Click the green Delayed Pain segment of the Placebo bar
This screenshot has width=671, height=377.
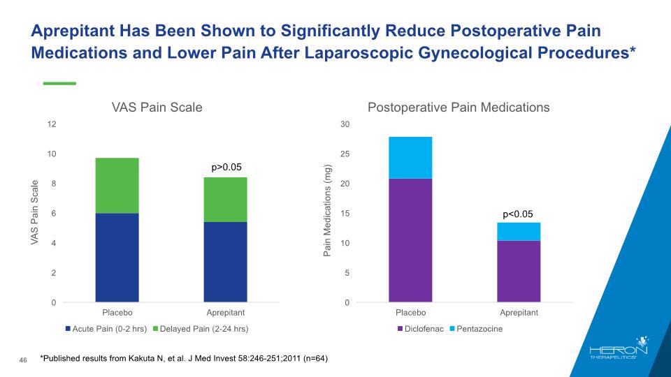pos(117,186)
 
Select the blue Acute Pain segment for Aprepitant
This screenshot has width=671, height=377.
pos(225,262)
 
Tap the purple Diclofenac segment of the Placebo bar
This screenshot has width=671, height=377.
pos(410,240)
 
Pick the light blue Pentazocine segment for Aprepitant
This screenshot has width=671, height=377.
pos(519,231)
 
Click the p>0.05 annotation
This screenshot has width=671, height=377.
pos(226,168)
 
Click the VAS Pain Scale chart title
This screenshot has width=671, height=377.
pos(157,108)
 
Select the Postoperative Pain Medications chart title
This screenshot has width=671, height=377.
pos(459,108)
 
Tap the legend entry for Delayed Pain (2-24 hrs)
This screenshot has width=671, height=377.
pos(201,328)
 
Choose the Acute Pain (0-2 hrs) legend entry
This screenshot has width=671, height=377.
pos(105,328)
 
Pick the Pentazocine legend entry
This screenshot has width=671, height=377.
pos(479,328)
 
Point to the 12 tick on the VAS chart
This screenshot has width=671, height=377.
pos(52,124)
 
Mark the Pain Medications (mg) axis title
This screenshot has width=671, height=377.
pos(327,211)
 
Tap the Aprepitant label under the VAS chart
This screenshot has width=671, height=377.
pos(225,312)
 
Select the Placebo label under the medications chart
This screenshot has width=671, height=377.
pos(410,312)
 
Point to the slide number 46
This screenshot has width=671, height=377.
pos(22,360)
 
